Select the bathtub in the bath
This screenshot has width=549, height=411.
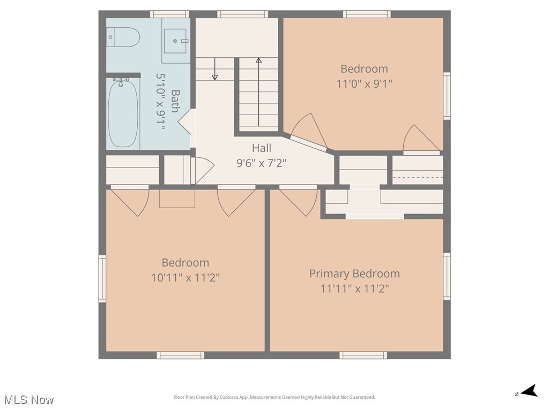tap(123, 113)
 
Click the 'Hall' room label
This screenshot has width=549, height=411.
tap(262, 148)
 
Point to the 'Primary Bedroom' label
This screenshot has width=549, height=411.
tap(354, 273)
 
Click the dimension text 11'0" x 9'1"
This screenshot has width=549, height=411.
tap(364, 83)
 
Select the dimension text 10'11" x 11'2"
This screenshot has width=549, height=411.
tap(186, 278)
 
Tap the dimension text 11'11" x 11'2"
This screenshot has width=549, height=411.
tap(354, 288)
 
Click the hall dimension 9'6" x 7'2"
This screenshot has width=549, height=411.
tap(262, 163)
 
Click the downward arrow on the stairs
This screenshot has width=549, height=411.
tap(215, 70)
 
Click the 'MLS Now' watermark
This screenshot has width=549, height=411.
tap(29, 400)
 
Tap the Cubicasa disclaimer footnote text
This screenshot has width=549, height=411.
tap(274, 397)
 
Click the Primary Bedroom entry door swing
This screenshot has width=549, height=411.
tap(300, 200)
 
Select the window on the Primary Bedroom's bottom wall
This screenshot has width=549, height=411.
tap(363, 355)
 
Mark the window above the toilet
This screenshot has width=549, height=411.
tap(169, 14)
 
